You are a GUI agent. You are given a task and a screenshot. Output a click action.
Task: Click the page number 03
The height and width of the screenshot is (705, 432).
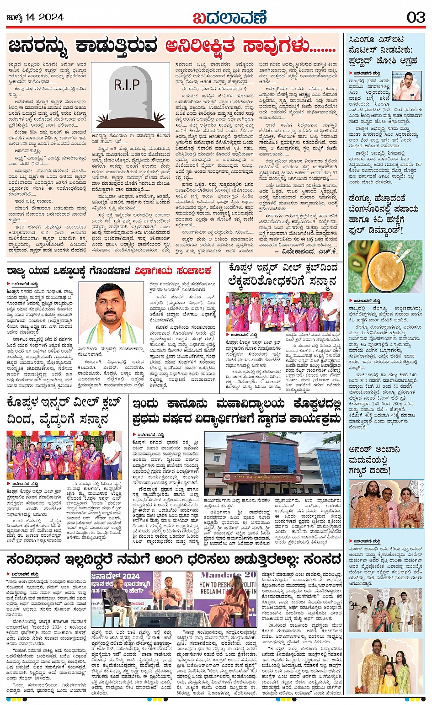point(416,17)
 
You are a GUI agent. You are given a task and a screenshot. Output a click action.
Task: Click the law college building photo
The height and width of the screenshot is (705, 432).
point(272,463)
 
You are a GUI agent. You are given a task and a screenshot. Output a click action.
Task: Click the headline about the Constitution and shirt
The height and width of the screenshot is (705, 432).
point(173,559)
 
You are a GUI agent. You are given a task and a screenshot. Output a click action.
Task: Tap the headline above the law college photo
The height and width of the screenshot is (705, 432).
point(236,411)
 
